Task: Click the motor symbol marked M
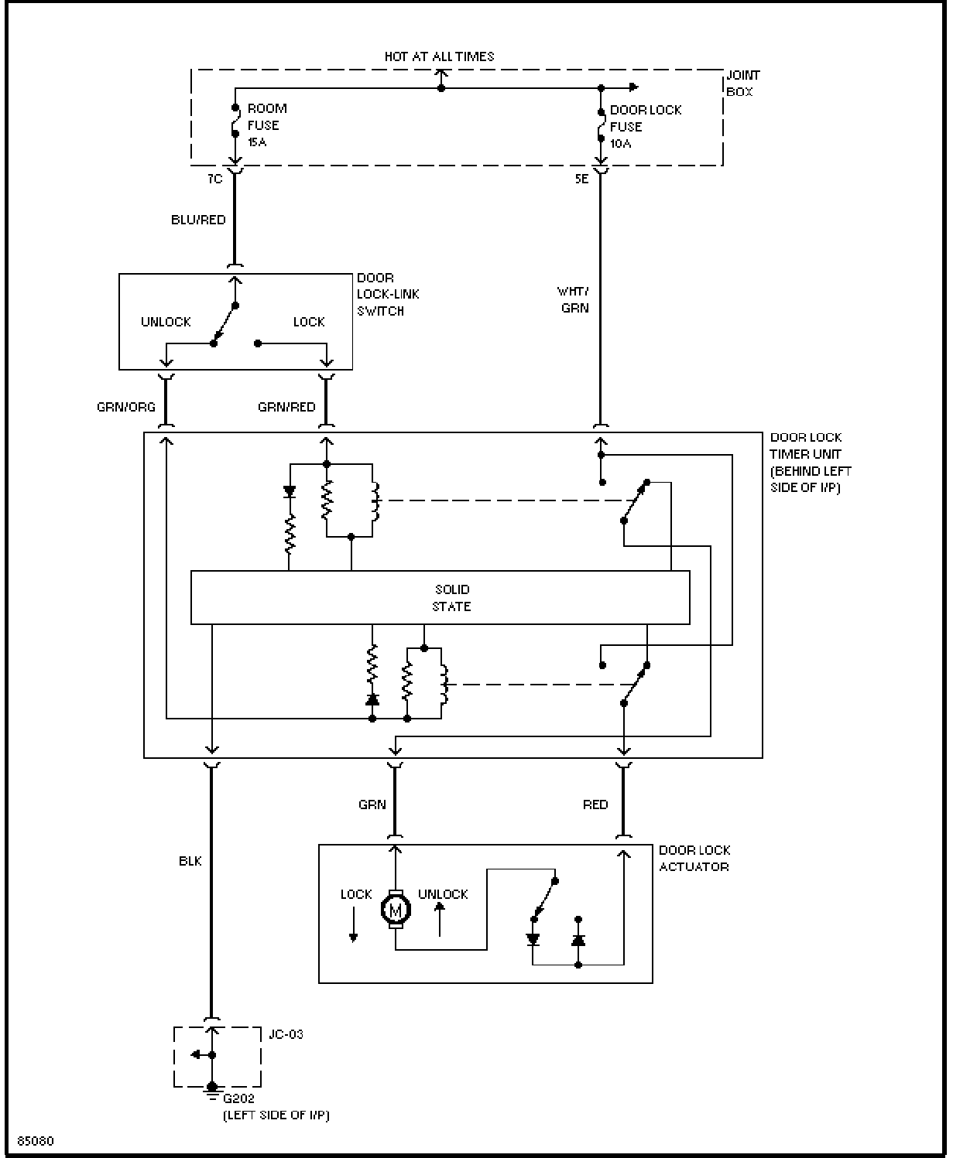click(395, 910)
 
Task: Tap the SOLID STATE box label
click(451, 598)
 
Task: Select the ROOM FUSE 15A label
click(267, 125)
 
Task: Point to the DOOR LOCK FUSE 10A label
click(646, 127)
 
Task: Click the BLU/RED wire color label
click(198, 220)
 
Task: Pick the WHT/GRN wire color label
click(574, 300)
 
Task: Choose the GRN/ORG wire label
click(126, 407)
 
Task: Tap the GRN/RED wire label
click(286, 407)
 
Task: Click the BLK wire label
click(190, 861)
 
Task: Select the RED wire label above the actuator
click(595, 804)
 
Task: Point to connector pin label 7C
click(215, 179)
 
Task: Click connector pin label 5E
click(581, 179)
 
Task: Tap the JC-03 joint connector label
click(286, 1034)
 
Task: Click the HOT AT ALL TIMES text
click(439, 56)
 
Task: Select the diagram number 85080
click(36, 1141)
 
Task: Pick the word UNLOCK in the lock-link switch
click(166, 322)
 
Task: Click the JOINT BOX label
click(743, 84)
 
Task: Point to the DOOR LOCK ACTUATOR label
click(694, 858)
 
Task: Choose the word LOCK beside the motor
click(356, 894)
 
